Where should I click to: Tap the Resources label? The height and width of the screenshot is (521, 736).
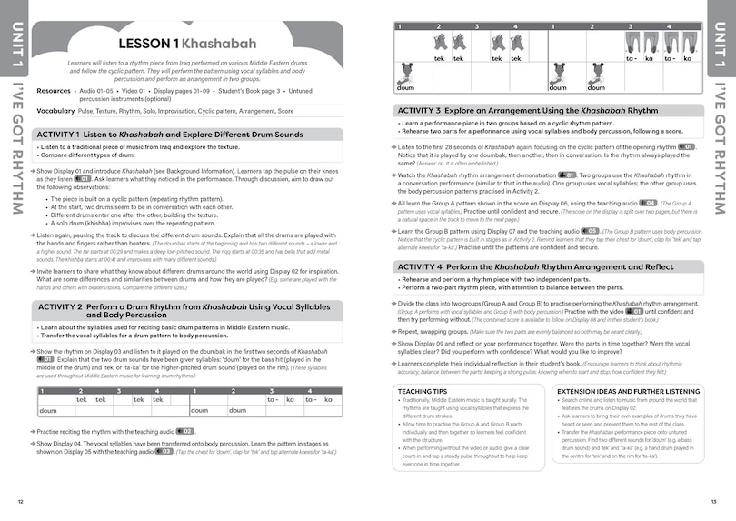click(54, 91)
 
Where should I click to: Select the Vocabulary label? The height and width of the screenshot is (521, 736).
click(55, 110)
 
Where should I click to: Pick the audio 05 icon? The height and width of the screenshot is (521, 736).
click(591, 231)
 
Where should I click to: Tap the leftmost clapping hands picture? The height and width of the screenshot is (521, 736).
click(439, 44)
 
